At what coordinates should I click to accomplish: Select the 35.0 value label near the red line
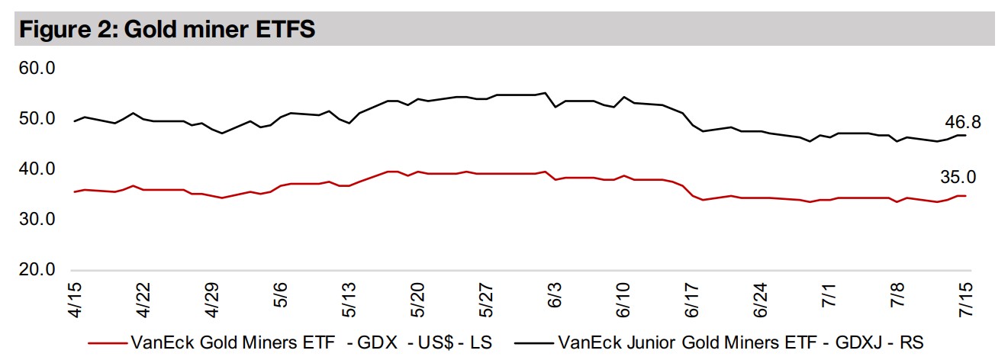958,178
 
